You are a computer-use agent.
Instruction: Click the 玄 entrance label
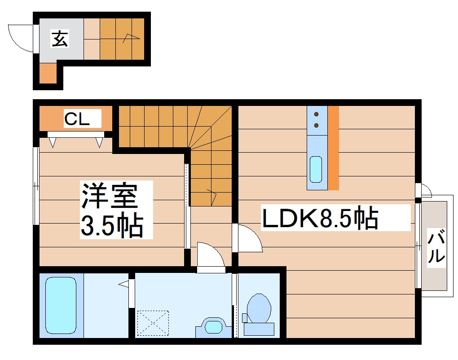tap(60, 39)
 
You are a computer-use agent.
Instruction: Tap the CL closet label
tap(77, 119)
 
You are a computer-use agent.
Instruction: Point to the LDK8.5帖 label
tap(320, 218)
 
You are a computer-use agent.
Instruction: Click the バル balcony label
tap(436, 247)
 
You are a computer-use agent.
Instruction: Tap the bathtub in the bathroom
tap(61, 305)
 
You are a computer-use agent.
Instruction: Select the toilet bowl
tap(259, 309)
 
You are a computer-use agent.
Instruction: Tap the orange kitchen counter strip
tap(333, 148)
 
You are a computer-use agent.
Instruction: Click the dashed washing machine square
tap(153, 322)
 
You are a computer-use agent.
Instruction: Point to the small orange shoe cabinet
tap(48, 74)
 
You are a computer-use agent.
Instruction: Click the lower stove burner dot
tap(317, 125)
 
